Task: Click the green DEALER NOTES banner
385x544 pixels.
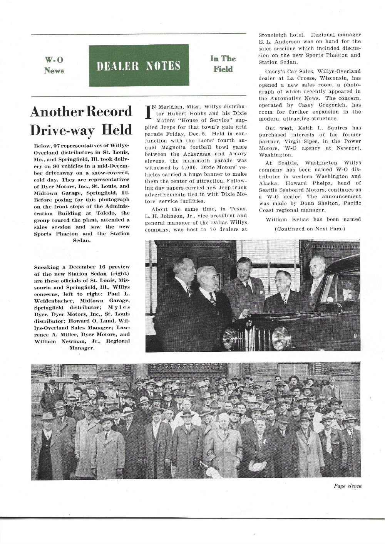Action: [139, 65]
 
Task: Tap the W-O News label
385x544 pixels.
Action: [54, 65]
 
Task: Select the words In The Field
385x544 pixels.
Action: [223, 64]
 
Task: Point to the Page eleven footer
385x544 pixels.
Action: [347, 486]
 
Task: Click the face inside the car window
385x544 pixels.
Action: [347, 291]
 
